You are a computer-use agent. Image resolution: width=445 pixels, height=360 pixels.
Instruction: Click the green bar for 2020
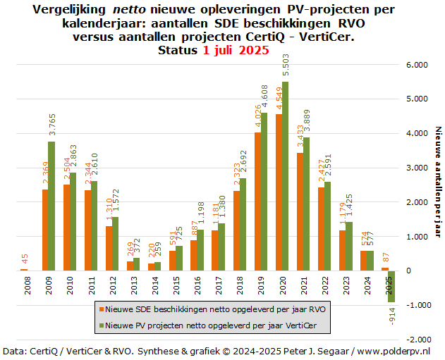tap(286, 176)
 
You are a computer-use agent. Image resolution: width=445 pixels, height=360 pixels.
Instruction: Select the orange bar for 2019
tap(257, 201)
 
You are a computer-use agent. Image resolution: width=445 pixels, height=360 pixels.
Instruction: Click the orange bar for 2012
tap(109, 248)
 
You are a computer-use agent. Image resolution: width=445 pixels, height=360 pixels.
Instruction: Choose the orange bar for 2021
tap(300, 211)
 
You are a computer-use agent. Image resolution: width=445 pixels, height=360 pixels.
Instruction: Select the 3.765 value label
tap(51, 125)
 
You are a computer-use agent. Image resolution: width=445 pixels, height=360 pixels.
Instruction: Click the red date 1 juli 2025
tap(236, 51)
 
